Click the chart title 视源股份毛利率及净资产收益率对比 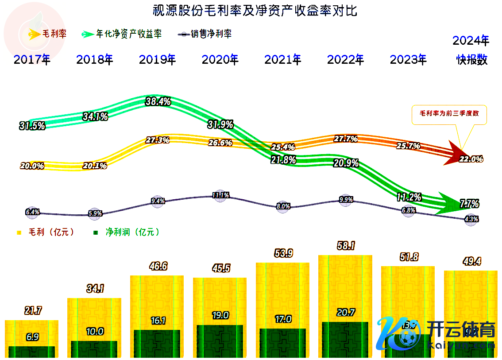pos(255,11)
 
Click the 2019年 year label pos(158,60)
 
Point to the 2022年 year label pos(345,60)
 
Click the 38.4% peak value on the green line pos(158,101)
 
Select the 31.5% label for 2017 pos(32,126)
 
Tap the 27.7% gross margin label pos(346,139)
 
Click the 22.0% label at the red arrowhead pos(471,159)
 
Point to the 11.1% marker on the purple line pos(220,195)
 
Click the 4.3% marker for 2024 pos(471,219)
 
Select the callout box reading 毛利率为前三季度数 pos(449,114)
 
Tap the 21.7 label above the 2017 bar pos(33,311)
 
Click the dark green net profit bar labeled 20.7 pos(345,339)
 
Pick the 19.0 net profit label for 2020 pos(220,315)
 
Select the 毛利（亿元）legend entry pos(46,232)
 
